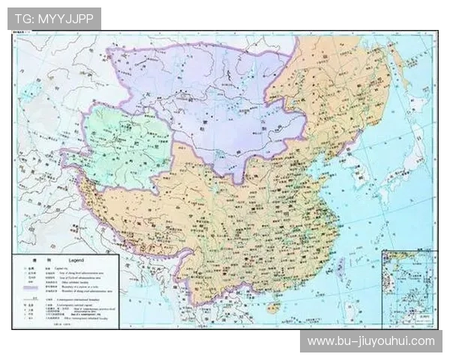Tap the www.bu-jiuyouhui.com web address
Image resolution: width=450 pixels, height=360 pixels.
[x=370, y=341]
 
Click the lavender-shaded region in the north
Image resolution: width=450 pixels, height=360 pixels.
[x=202, y=97]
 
